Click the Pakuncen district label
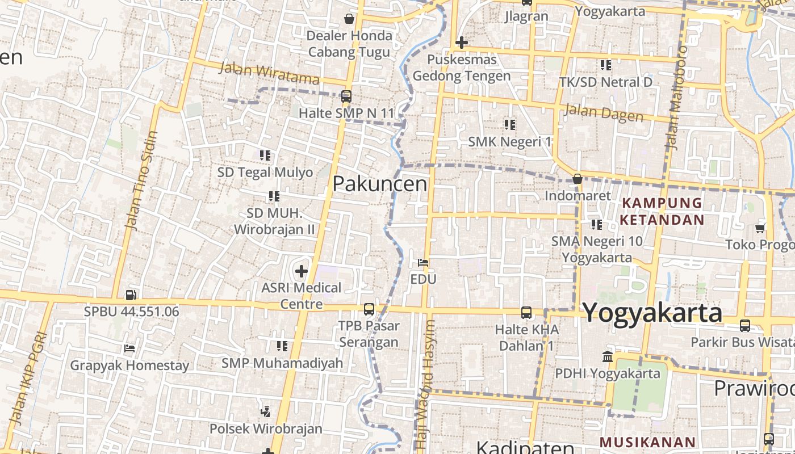[380, 184]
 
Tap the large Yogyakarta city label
[652, 313]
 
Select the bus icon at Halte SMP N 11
[346, 96]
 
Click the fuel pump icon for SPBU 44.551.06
[131, 295]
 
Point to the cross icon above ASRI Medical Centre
[301, 271]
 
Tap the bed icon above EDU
[423, 263]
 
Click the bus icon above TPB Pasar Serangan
[369, 309]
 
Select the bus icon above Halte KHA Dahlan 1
[526, 312]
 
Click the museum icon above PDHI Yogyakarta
[608, 356]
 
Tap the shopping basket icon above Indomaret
[578, 179]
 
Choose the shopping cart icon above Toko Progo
[760, 228]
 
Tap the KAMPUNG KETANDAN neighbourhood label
[662, 211]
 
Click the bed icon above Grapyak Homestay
[129, 348]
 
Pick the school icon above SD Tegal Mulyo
[265, 155]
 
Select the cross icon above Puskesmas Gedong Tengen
[462, 43]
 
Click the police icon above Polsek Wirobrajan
[265, 411]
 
